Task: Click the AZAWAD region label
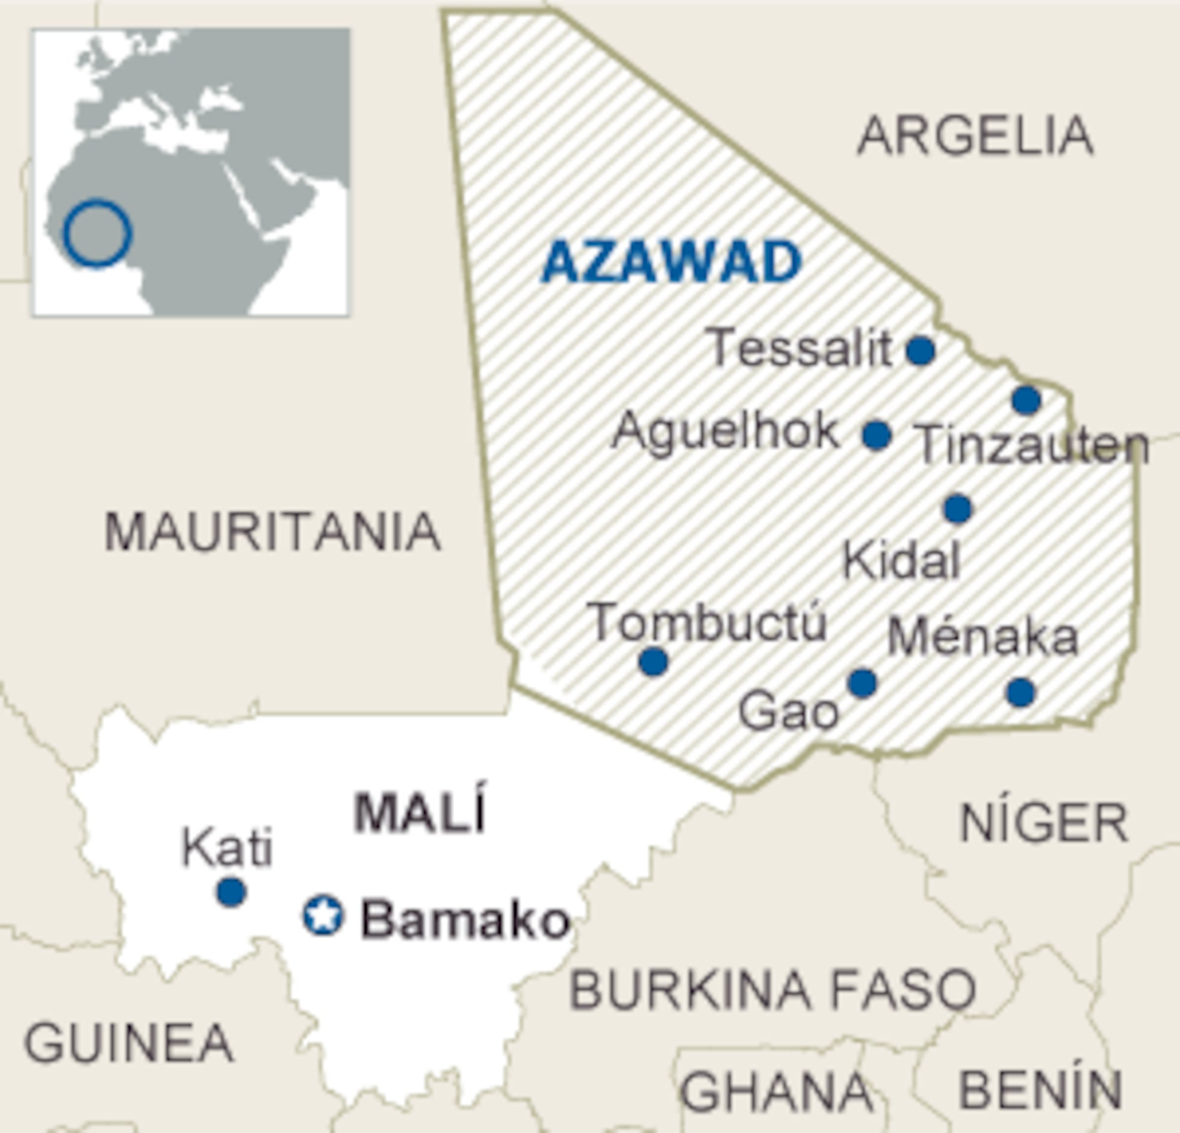click(672, 262)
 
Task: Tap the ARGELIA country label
click(975, 137)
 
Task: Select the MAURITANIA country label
click(272, 532)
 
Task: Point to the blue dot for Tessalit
click(921, 350)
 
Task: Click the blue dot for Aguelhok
click(877, 435)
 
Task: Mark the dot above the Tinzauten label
click(1026, 400)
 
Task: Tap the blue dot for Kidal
click(958, 509)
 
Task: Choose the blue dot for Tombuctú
click(653, 662)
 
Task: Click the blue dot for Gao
click(862, 683)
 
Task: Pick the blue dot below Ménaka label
click(1020, 692)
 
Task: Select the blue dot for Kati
click(231, 892)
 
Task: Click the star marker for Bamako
click(323, 916)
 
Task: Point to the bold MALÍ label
click(420, 813)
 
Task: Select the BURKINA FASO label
click(772, 990)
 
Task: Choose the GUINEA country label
click(128, 1043)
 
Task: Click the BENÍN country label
click(1040, 1090)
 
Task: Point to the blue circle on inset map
click(97, 233)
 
